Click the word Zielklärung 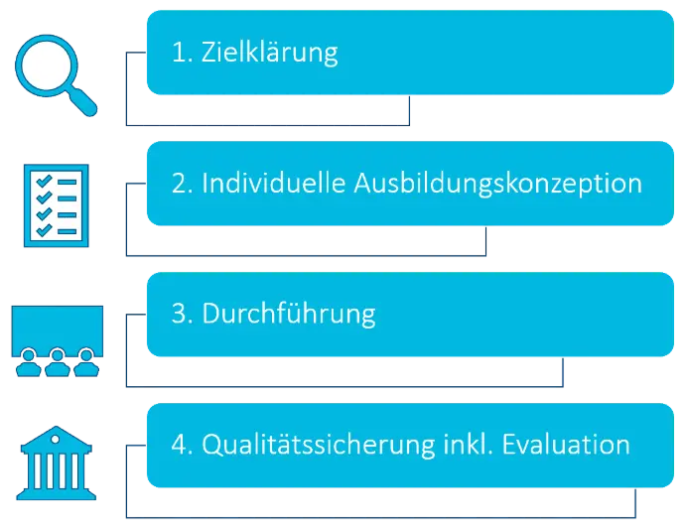[x=270, y=54]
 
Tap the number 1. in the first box [x=183, y=52]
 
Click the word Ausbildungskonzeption [x=498, y=184]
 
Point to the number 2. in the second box [x=183, y=183]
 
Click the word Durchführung [x=289, y=315]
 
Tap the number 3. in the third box [x=183, y=314]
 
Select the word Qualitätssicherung [x=318, y=446]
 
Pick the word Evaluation [x=566, y=445]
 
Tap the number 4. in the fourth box [x=183, y=445]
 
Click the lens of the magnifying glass [x=47, y=66]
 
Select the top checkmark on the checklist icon [x=44, y=182]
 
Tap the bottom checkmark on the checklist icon [x=44, y=230]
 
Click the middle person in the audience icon [x=58, y=362]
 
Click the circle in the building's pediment [x=55, y=439]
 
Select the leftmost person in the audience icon [x=29, y=362]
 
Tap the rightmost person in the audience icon [x=86, y=362]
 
